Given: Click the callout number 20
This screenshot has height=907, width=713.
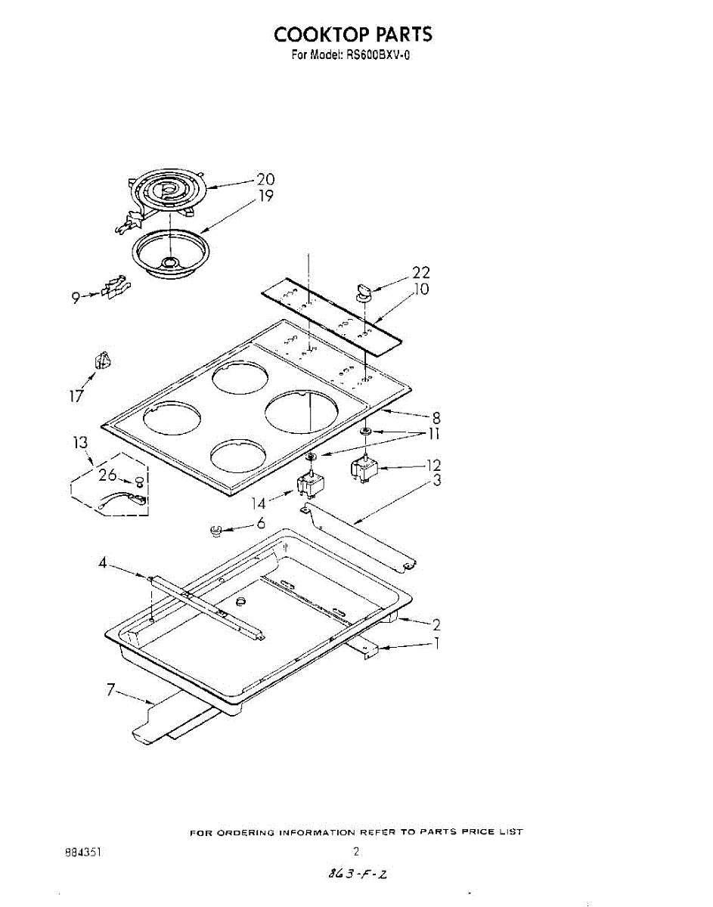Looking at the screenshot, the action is pyautogui.click(x=265, y=179).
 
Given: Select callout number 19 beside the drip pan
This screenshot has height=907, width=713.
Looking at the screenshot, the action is pyautogui.click(x=265, y=196).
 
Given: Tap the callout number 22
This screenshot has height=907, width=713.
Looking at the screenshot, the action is pyautogui.click(x=421, y=273).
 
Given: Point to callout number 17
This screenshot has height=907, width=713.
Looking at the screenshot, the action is pyautogui.click(x=77, y=396).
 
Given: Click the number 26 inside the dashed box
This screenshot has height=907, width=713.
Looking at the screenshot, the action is pyautogui.click(x=107, y=475).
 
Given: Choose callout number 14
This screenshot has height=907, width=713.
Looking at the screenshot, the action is pyautogui.click(x=259, y=504).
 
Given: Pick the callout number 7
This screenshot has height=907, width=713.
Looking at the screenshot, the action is pyautogui.click(x=110, y=690).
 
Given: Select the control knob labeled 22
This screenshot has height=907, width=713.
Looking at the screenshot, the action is pyautogui.click(x=363, y=291).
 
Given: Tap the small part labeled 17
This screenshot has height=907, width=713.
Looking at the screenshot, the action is pyautogui.click(x=102, y=360).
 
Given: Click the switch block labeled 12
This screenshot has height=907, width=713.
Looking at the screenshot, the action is pyautogui.click(x=364, y=470).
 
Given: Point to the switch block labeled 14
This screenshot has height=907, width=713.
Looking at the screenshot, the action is pyautogui.click(x=312, y=484).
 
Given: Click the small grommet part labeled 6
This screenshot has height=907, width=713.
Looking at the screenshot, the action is pyautogui.click(x=215, y=531).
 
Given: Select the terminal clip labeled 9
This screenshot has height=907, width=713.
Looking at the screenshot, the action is pyautogui.click(x=115, y=287).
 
